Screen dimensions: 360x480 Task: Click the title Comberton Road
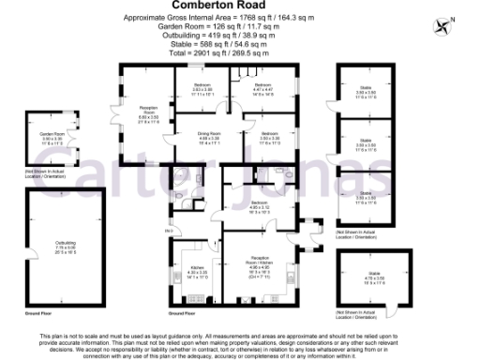pyautogui.click(x=239, y=7)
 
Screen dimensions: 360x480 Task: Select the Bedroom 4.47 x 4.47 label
pyautogui.click(x=262, y=90)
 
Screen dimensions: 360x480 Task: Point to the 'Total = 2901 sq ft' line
pyautogui.click(x=239, y=54)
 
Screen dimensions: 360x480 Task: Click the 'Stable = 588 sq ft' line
pyautogui.click(x=239, y=46)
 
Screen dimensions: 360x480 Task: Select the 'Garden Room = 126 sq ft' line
pyautogui.click(x=239, y=27)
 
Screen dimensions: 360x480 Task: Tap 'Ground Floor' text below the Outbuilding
pyautogui.click(x=37, y=313)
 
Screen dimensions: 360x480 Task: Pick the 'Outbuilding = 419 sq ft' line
pyautogui.click(x=239, y=37)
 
